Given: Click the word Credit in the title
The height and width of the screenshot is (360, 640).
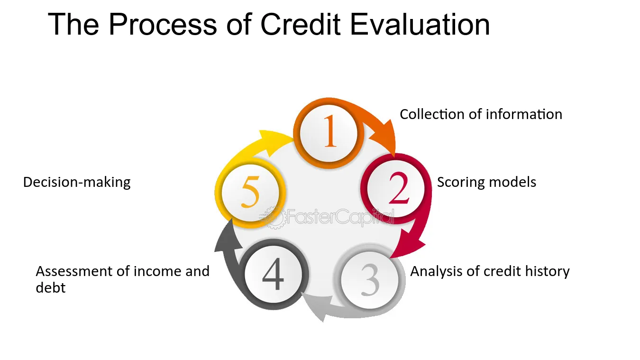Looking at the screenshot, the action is coord(300,24).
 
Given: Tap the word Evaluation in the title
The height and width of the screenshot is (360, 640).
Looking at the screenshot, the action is coord(420,24).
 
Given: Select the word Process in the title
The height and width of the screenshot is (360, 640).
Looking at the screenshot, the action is coord(163,24).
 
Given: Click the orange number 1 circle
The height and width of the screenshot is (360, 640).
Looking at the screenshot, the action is coord(329,133).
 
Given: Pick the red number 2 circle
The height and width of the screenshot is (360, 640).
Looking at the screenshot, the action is coord(396,188).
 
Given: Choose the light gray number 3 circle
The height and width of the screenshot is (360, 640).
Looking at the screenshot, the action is coord(370,280).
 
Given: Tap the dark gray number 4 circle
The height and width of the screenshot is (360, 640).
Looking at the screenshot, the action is coord(274,274).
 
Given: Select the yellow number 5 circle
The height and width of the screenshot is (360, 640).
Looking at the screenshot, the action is coord(250,193).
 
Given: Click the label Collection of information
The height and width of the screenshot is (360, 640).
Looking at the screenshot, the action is coord(481,114).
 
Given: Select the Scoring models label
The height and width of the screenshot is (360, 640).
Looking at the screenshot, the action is coord(486,182).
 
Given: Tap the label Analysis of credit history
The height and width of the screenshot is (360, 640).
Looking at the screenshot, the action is coord(490,271).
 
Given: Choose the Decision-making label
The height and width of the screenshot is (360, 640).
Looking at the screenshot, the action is coord(77,182).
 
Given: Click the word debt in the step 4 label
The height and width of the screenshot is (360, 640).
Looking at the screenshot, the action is coord(51,287).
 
